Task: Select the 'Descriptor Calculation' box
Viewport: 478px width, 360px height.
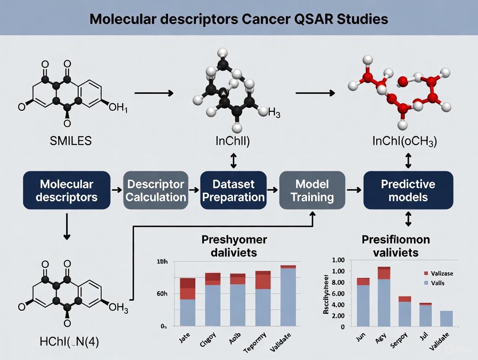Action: (x=156, y=190)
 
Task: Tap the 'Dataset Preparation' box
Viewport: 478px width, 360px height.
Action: (x=233, y=190)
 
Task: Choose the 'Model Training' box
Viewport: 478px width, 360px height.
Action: (x=312, y=190)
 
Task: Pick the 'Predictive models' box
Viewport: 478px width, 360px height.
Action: (x=408, y=190)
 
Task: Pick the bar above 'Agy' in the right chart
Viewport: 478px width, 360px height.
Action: (x=384, y=297)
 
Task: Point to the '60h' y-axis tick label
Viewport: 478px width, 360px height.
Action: (x=161, y=294)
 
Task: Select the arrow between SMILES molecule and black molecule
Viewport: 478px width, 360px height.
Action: (x=154, y=93)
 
